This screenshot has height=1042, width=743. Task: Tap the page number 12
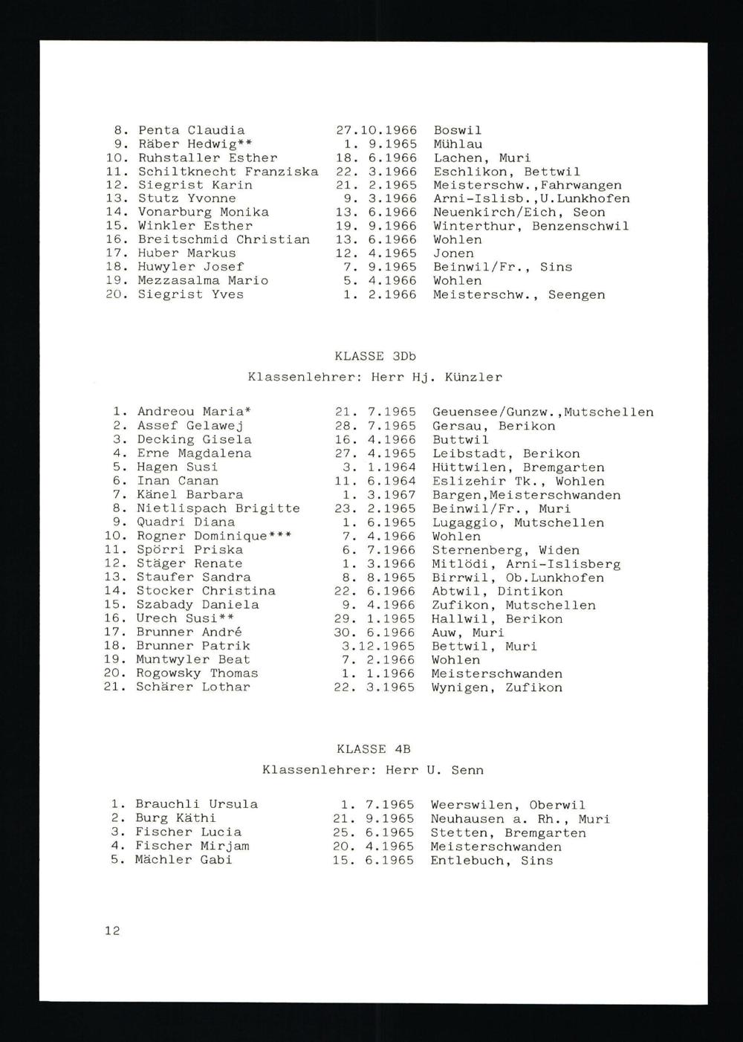112,931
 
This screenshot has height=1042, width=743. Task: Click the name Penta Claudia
191,130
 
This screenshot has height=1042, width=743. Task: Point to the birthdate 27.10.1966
377,130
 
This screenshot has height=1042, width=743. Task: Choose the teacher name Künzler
473,377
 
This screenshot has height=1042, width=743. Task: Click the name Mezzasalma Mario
203,280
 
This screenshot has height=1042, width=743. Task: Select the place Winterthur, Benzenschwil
531,226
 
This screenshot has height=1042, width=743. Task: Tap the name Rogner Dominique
202,536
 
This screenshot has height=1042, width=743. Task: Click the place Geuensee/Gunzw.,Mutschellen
542,412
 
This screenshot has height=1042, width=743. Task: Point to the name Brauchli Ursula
196,804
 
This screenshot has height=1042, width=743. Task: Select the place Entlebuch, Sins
491,861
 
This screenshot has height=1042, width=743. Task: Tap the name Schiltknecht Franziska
227,171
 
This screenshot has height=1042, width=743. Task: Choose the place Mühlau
458,144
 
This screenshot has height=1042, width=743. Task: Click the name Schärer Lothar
193,687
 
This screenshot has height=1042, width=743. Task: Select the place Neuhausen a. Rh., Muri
519,819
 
